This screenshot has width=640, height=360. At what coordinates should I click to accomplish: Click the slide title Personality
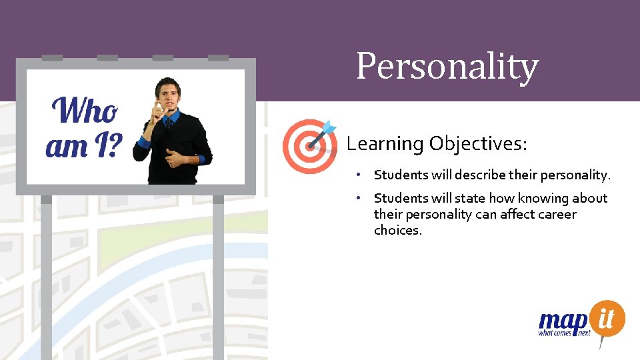tap(447, 67)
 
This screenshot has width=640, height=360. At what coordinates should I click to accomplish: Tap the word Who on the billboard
tap(85, 111)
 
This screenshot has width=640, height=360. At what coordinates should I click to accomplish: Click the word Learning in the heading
tap(385, 144)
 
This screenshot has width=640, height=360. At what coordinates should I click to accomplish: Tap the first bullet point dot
tap(358, 175)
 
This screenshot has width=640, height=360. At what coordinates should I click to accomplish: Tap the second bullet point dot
tap(358, 198)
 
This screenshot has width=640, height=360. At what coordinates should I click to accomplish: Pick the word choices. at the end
tap(397, 231)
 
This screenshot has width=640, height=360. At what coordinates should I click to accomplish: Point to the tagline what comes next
tap(564, 333)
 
